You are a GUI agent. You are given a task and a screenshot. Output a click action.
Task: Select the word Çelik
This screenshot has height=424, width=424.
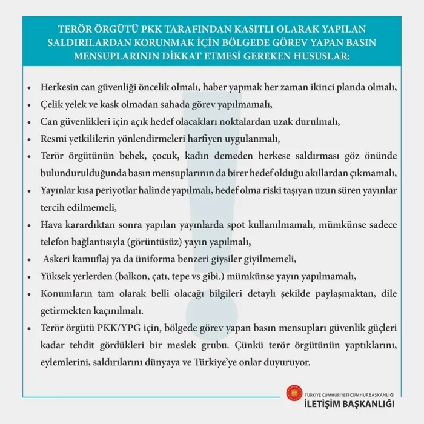click(53, 104)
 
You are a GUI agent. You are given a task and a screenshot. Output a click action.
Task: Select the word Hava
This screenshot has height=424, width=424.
click(52, 225)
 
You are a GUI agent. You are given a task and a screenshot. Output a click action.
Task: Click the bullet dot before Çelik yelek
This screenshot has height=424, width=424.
click(30, 104)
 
